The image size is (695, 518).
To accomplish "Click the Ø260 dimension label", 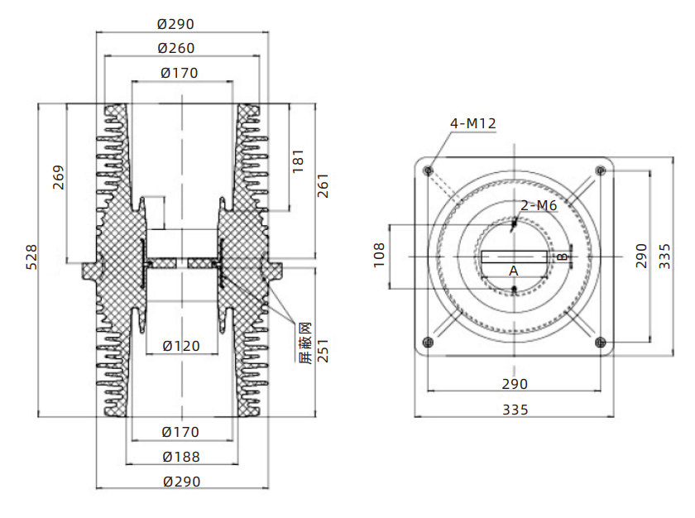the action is [x=176, y=48].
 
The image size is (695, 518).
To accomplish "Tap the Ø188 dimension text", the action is [x=181, y=457].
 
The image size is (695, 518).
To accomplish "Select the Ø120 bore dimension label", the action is [x=181, y=346].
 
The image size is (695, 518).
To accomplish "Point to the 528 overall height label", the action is [x=32, y=257].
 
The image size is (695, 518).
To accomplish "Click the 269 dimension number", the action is [x=59, y=178].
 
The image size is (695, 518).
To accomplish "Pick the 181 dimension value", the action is [x=299, y=161].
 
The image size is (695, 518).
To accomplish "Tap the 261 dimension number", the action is [x=324, y=185].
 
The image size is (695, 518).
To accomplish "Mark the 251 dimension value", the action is [x=324, y=351].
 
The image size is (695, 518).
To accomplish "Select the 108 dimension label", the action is [x=379, y=255].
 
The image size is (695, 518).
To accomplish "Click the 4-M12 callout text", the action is [x=473, y=123].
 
